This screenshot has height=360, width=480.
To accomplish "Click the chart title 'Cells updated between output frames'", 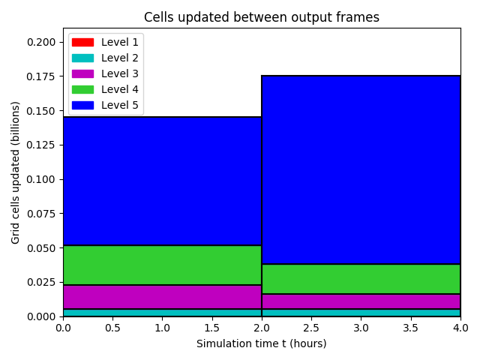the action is tap(262, 17).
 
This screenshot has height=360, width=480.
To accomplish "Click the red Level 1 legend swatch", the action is tap(82, 42).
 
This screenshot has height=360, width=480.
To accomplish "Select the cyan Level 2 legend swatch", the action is tap(82, 58).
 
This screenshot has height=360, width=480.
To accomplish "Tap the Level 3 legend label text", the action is tap(120, 73).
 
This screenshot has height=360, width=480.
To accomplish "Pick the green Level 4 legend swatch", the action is tap(82, 89).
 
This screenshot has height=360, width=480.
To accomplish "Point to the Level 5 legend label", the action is tap(120, 105).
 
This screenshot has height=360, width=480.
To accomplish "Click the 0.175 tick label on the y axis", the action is tap(41, 76).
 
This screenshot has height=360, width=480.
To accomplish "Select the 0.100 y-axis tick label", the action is tap(41, 179).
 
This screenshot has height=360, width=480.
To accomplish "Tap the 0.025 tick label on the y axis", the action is tap(41, 282).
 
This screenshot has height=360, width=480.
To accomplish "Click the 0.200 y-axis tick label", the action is tap(41, 42).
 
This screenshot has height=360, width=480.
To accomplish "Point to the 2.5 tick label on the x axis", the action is tap(311, 328).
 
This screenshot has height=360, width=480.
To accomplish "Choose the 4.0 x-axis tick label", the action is tap(460, 328).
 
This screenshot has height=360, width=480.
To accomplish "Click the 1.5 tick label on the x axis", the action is tap(211, 328).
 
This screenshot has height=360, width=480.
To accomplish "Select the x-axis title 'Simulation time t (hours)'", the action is tap(262, 343).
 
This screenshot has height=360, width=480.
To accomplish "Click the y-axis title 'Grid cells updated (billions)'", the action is tap(15, 172).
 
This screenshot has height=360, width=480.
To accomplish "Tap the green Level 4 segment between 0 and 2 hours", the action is tap(162, 265).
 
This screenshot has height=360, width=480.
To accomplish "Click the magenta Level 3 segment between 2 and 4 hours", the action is tap(361, 301).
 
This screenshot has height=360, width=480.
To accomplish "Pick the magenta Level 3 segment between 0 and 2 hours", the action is tap(162, 297).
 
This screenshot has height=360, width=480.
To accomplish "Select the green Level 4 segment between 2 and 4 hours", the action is tap(361, 279).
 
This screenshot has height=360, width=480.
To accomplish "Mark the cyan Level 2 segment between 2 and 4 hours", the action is tap(361, 313).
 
